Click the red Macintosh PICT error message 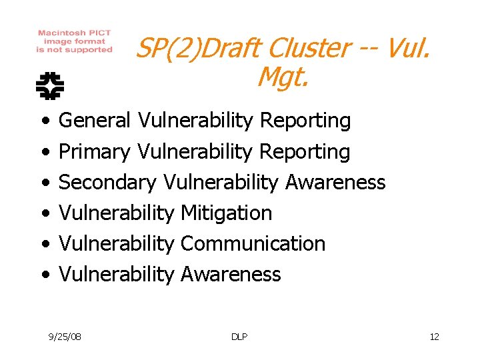(75, 41)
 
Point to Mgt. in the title (283, 79)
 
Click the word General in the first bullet (95, 121)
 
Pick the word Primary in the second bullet (95, 152)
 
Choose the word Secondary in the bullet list (107, 183)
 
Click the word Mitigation (226, 213)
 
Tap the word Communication (253, 244)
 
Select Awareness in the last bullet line (230, 275)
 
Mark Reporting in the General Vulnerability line (305, 121)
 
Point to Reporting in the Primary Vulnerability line (305, 152)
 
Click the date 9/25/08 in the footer (65, 337)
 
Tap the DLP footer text (239, 337)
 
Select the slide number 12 (434, 337)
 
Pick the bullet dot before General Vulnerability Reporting (44, 121)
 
